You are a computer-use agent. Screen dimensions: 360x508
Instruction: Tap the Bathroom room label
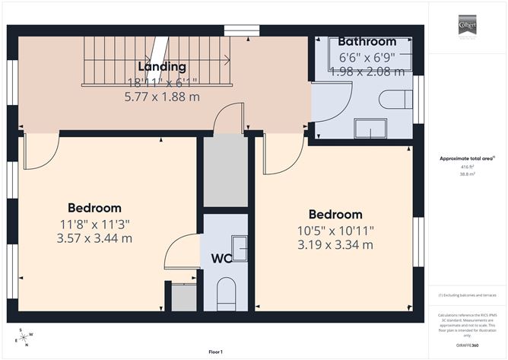(x=367, y=42)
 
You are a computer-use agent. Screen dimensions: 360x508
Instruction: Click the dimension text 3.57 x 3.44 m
(x=94, y=238)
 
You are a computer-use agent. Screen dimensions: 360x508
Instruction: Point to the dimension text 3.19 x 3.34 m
(x=335, y=245)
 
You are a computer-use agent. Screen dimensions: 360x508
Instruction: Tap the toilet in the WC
(x=226, y=295)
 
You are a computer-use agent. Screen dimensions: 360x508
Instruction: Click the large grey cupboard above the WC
(x=226, y=172)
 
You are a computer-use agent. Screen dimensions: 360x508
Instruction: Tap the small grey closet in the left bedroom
(x=183, y=298)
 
